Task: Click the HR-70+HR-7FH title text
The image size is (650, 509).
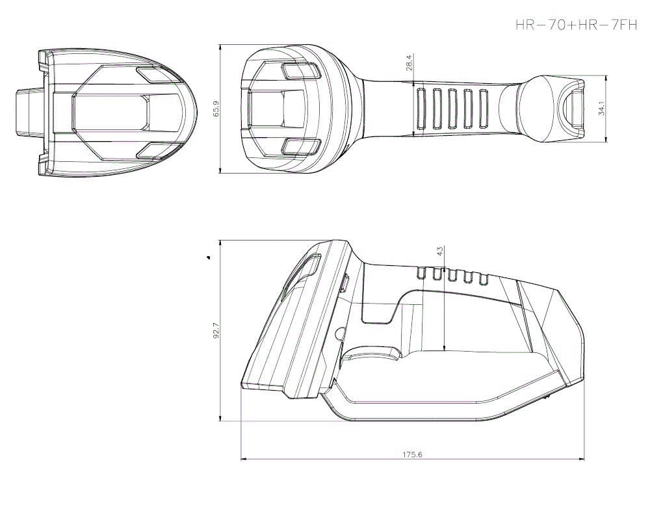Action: click(x=575, y=25)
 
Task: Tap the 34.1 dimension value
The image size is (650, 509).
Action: click(x=602, y=108)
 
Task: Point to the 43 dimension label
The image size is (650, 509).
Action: click(x=440, y=251)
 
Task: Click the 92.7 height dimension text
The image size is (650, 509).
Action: click(x=216, y=331)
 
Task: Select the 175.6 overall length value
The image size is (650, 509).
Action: click(x=412, y=455)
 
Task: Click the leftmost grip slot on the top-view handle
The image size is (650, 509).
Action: click(x=421, y=108)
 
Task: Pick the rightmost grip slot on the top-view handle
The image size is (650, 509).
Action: click(x=483, y=108)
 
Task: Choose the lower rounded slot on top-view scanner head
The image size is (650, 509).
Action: click(x=298, y=147)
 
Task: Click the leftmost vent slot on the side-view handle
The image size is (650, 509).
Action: click(x=421, y=274)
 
